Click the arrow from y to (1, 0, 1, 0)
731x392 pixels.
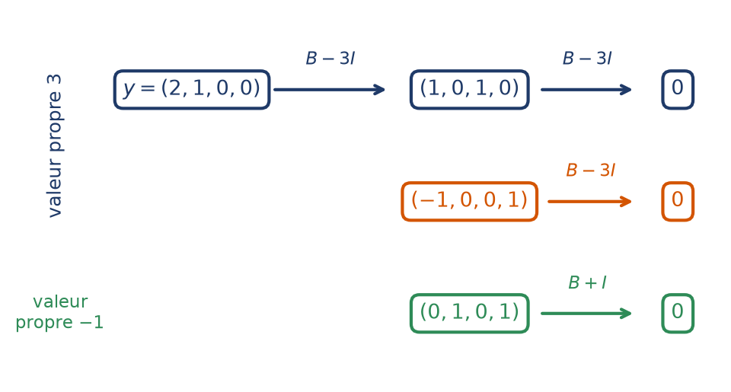[x=329, y=90]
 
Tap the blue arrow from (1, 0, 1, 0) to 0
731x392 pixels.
[x=586, y=90]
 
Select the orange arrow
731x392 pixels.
[x=589, y=202]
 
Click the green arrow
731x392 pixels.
[x=586, y=314]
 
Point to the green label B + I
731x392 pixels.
[x=587, y=282]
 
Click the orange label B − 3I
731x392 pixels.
[x=590, y=171]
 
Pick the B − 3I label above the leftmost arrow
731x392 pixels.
[x=330, y=59]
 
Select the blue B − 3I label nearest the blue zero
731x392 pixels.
[x=587, y=59]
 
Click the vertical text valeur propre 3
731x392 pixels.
[x=55, y=145]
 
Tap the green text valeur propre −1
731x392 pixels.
[x=59, y=312]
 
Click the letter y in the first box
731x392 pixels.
[x=129, y=88]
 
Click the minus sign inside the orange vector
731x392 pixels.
[x=426, y=200]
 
